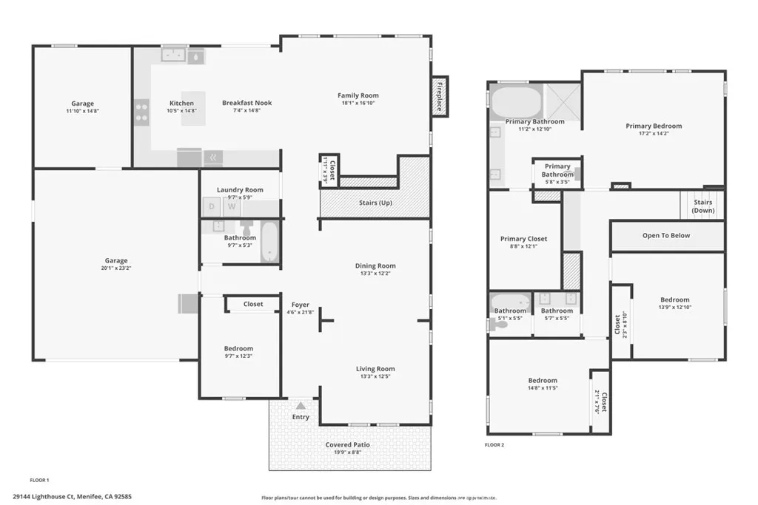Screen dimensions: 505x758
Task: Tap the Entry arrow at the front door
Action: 301,406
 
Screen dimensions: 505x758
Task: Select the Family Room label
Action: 358,95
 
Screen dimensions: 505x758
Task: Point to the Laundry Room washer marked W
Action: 232,206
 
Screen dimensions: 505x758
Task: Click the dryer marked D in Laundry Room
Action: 211,206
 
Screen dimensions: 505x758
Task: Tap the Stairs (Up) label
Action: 375,203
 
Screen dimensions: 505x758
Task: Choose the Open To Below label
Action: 666,236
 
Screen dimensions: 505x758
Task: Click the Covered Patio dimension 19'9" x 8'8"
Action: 348,454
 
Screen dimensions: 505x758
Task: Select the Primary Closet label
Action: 523,239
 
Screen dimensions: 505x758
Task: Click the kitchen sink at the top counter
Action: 173,55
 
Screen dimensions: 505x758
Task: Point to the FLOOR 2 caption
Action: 494,445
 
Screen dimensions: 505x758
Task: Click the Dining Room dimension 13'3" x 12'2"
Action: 375,274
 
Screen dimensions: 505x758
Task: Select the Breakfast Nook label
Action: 247,103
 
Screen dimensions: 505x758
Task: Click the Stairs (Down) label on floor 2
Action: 702,206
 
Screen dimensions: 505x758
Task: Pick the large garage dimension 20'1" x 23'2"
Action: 116,269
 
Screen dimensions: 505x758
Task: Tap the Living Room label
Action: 375,369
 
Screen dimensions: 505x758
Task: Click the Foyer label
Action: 301,304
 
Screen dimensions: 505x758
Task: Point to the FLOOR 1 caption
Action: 39,480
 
